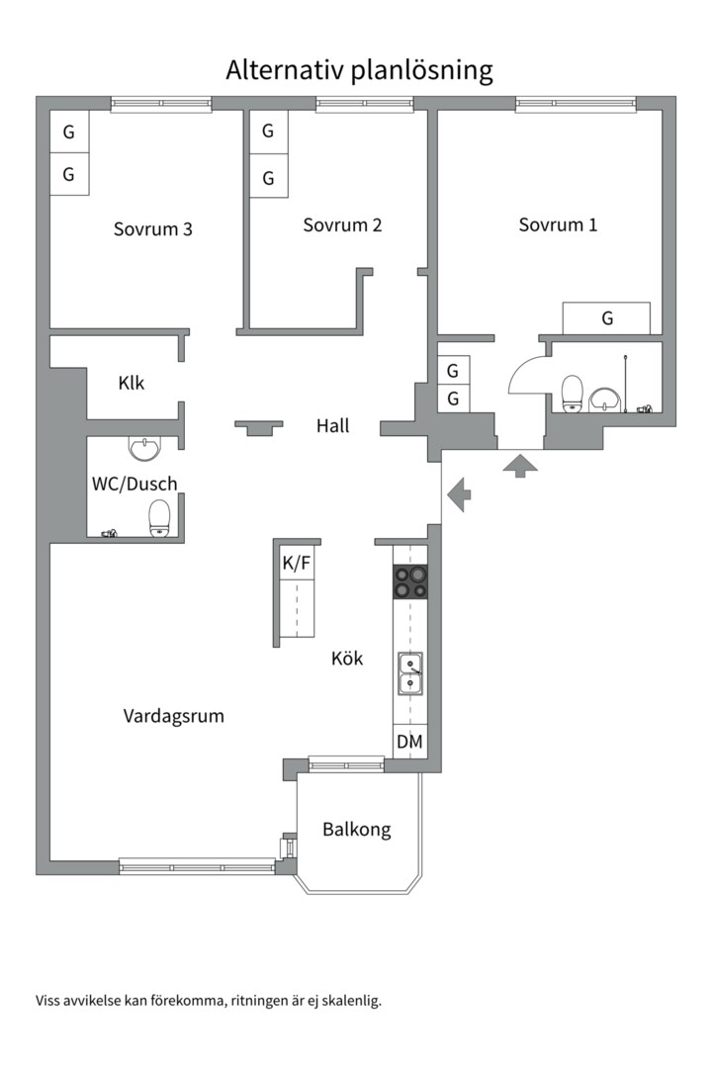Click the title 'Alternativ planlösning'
click(359, 70)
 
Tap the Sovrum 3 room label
click(152, 229)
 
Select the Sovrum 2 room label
click(342, 224)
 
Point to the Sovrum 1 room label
click(558, 224)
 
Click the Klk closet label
click(131, 383)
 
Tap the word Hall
click(332, 426)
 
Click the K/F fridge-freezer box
click(297, 564)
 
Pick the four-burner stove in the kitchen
click(411, 581)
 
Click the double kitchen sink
click(410, 673)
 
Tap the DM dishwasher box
click(410, 742)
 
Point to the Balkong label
click(356, 830)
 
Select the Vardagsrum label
click(173, 716)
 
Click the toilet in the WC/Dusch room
click(159, 517)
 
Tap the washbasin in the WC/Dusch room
click(144, 450)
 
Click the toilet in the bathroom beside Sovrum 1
click(572, 393)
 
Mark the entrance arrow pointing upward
click(517, 465)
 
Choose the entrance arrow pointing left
click(458, 493)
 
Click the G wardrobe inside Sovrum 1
click(606, 318)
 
